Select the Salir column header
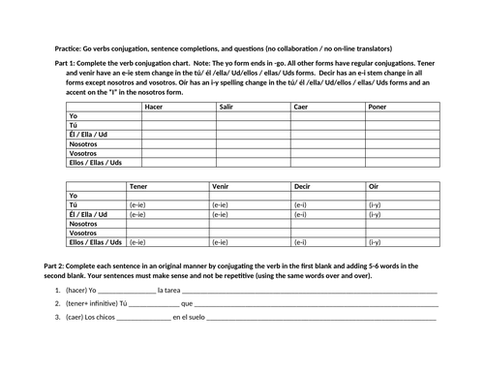[227, 107]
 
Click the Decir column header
[303, 185]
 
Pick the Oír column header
[374, 185]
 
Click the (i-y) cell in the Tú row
[375, 204]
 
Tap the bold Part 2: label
[60, 265]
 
